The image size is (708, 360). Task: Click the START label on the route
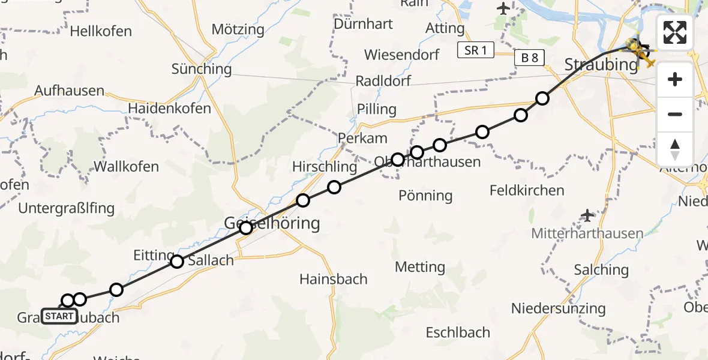coord(59,316)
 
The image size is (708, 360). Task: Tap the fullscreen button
coord(675,32)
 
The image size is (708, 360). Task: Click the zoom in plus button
coord(675,79)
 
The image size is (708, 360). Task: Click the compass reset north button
coord(675,149)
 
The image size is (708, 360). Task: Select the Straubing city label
coord(601,64)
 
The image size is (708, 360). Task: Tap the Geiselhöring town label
coord(272,224)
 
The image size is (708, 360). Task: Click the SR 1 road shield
coord(475,50)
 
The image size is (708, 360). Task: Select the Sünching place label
coord(202,69)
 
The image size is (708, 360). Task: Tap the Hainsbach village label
coord(334,279)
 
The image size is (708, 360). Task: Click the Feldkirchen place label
coord(527,191)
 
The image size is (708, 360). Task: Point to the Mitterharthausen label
coord(587,233)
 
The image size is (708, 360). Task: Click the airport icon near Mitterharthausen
coord(587,215)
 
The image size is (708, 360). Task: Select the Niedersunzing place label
coord(558,308)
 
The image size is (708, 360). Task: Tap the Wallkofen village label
coord(122,167)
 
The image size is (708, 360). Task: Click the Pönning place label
coord(425,195)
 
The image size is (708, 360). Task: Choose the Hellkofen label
coord(101,31)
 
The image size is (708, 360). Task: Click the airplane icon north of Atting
coord(503,8)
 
